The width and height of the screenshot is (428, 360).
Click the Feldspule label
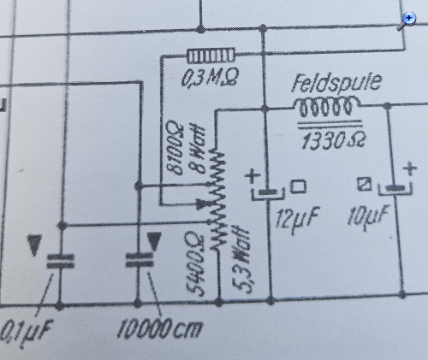click(336, 83)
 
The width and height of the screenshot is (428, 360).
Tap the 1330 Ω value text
click(332, 141)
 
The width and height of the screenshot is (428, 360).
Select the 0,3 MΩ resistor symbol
click(211, 56)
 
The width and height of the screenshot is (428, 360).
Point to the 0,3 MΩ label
click(210, 77)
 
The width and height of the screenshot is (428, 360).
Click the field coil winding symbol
click(326, 107)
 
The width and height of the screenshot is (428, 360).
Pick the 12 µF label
click(297, 217)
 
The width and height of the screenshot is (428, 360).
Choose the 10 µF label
click(368, 216)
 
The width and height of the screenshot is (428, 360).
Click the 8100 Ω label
click(175, 148)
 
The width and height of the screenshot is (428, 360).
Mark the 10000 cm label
click(160, 328)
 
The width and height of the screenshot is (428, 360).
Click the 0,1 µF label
click(27, 332)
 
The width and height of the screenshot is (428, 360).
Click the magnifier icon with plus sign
click(407, 21)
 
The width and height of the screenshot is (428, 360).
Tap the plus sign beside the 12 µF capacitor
click(253, 176)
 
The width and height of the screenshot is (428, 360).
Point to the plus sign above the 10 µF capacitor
click(410, 168)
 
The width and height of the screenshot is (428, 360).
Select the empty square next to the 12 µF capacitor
click(299, 186)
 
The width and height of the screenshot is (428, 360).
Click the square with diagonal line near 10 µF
click(365, 184)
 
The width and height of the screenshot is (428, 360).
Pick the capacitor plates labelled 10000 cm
click(140, 260)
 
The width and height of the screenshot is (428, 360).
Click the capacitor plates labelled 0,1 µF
click(61, 261)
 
